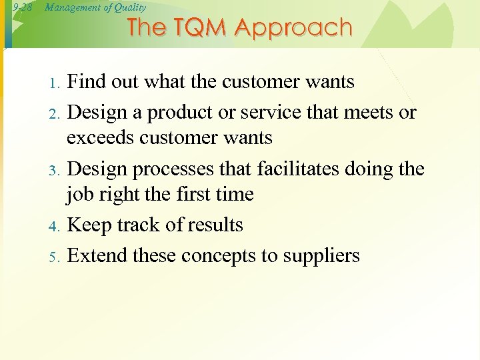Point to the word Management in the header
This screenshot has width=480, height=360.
[x=69, y=7]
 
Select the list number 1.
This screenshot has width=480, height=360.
[x=55, y=83]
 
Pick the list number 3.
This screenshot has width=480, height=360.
[x=55, y=171]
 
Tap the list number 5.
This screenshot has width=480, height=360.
[x=55, y=257]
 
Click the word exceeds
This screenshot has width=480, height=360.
[x=103, y=138]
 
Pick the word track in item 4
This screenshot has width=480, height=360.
[x=141, y=225]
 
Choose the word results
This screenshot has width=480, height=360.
[x=213, y=225]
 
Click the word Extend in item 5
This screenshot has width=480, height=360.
[x=98, y=256]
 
